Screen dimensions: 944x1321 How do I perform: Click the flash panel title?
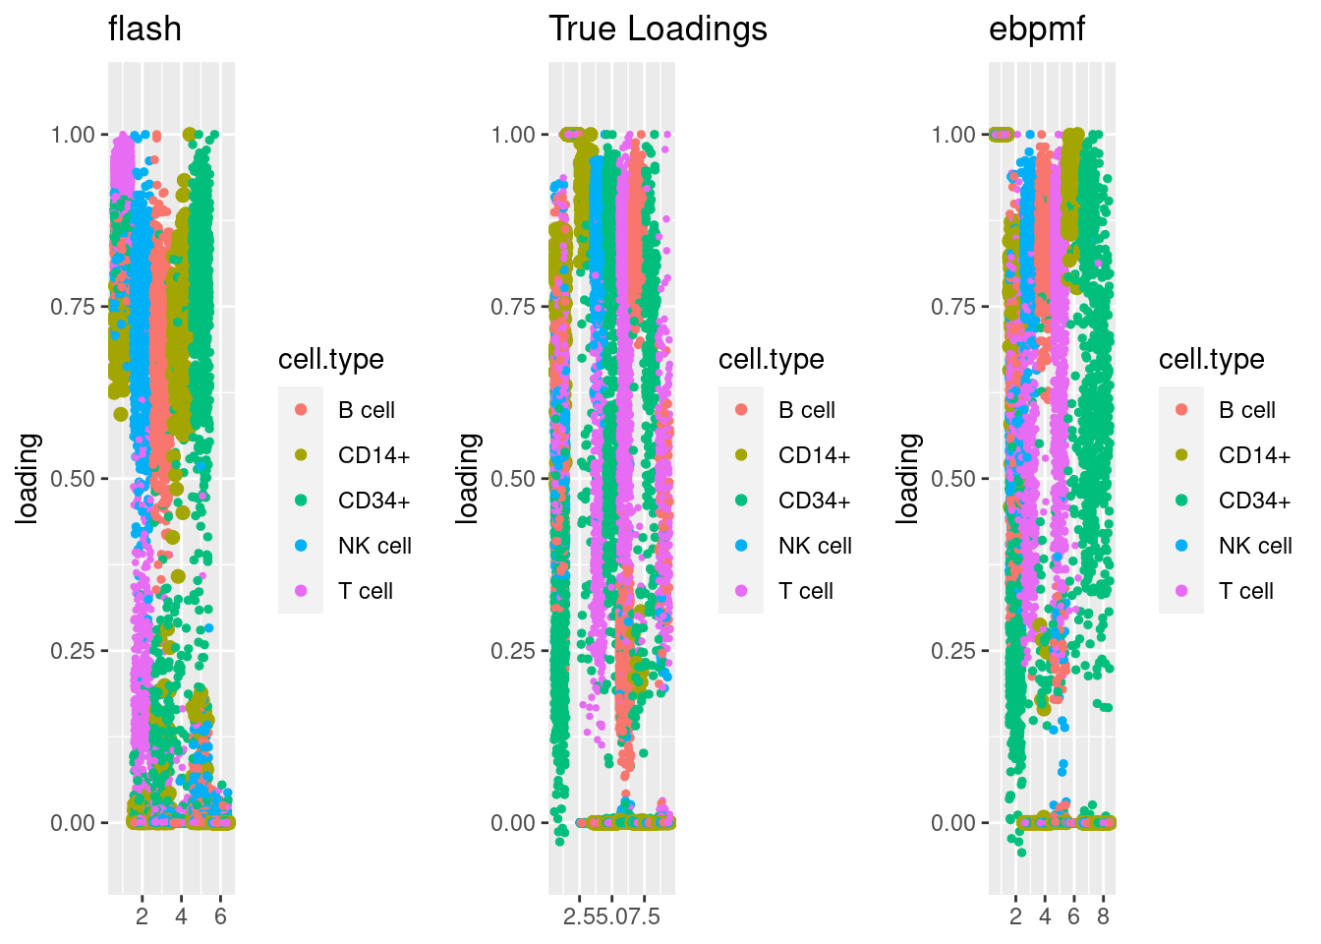144,29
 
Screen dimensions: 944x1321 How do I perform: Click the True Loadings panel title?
658,29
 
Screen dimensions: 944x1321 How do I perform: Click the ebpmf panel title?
1036,29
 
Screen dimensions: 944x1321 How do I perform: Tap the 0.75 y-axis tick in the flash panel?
73,307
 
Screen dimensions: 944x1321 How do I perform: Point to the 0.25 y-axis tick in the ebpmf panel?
953,651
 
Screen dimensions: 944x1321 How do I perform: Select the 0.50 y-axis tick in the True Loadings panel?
513,479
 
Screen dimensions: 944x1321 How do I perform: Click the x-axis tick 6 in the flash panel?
220,916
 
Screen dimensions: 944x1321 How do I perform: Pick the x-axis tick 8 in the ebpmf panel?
1103,916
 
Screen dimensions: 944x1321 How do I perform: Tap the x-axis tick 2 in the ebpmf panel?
1015,916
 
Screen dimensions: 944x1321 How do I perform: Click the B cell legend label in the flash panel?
366,410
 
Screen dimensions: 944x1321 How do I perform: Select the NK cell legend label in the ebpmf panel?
1255,546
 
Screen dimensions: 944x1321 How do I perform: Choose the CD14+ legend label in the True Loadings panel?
814,455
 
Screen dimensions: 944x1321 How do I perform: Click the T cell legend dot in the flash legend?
301,591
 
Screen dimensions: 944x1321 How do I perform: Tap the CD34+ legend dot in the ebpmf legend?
1181,501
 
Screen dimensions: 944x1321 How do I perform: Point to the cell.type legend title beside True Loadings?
771,359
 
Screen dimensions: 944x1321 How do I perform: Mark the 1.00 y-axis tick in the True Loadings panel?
513,135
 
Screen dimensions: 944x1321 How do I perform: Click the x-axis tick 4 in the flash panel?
181,916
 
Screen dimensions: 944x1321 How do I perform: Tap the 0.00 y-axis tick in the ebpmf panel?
953,823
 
